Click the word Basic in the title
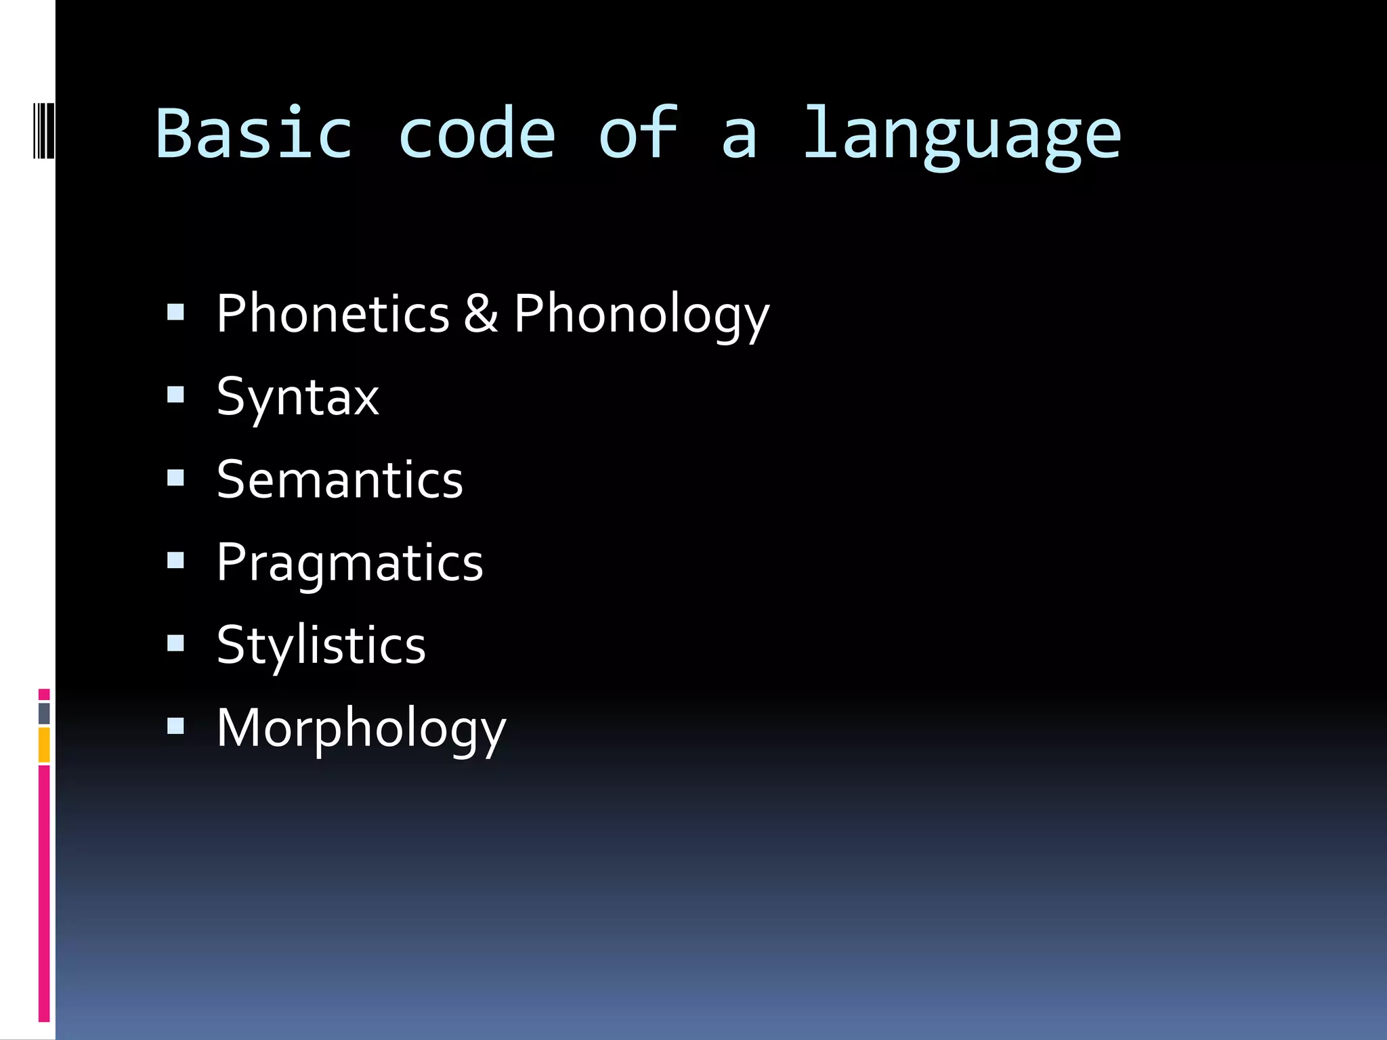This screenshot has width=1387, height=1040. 254,133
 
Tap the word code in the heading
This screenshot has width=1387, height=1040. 477,133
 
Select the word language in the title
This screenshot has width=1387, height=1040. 962,135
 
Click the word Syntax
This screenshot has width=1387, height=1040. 297,397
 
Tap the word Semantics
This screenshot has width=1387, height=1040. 340,479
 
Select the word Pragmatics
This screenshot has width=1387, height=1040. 349,563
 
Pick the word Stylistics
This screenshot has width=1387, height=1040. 321,646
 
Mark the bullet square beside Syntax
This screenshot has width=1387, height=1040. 175,395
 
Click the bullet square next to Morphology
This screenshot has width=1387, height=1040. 175,727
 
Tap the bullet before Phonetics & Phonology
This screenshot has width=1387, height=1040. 175,311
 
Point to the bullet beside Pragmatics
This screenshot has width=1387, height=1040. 175,561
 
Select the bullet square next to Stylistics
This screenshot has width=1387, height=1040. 175,643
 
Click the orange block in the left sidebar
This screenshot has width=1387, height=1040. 44,745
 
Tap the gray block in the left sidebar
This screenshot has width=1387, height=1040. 44,714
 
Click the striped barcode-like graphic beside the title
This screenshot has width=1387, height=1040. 43,130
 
